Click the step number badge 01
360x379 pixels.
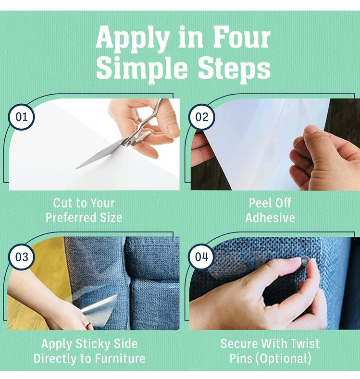(21, 117)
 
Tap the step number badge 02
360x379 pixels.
(202, 117)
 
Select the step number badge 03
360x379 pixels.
(21, 257)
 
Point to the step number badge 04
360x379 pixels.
(202, 257)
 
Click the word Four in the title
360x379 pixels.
(242, 37)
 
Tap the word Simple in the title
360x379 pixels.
(142, 68)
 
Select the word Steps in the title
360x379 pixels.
(234, 69)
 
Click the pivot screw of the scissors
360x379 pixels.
(129, 144)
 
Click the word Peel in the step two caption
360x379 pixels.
(259, 203)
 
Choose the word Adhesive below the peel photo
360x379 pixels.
(270, 218)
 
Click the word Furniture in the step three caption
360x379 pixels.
(120, 358)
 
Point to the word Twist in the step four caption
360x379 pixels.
(305, 343)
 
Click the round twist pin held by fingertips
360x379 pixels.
(305, 261)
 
